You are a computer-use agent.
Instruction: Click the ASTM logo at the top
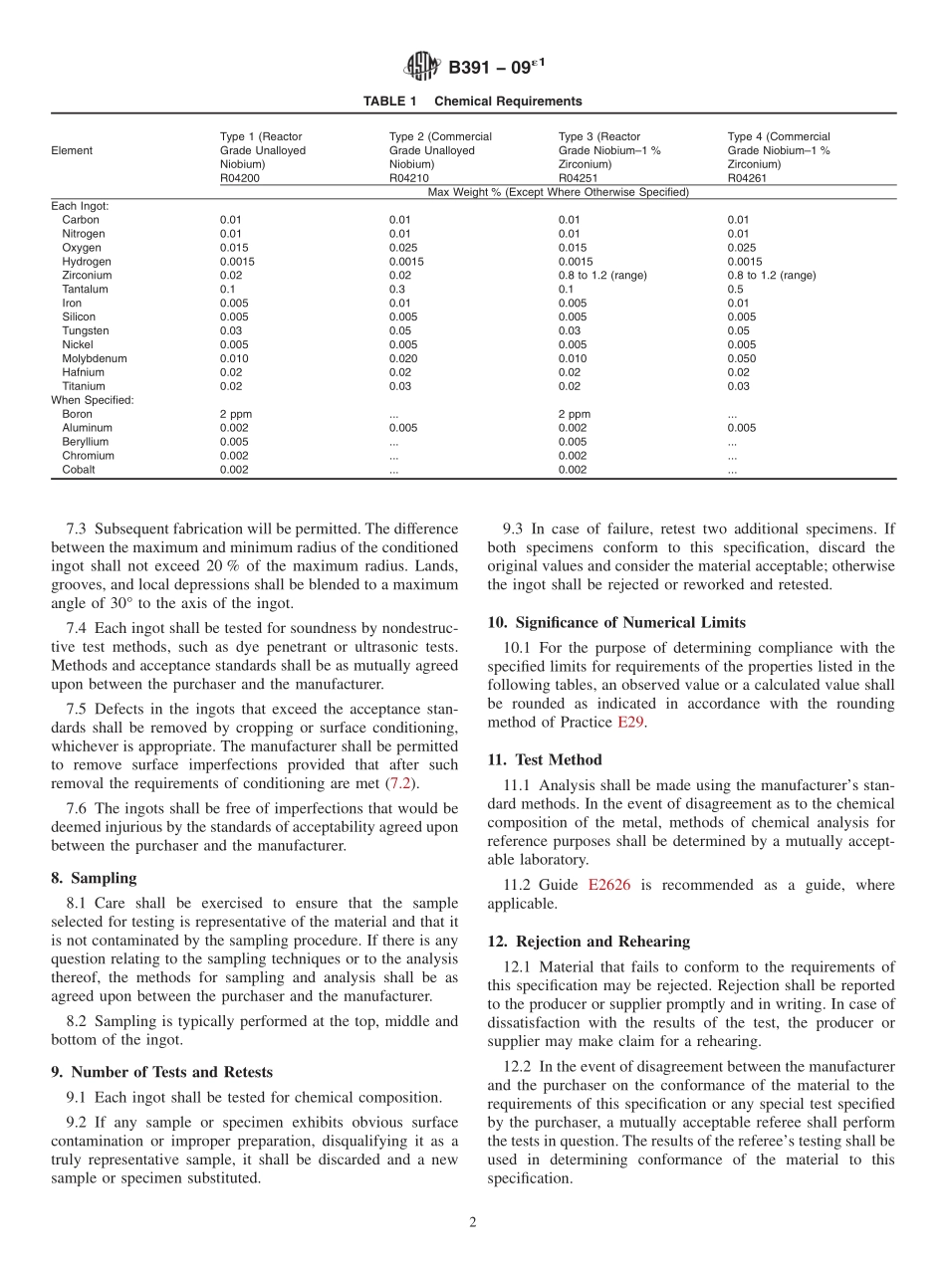[422, 68]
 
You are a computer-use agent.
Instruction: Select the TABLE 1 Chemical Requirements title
[472, 102]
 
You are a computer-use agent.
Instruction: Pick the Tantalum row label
[85, 289]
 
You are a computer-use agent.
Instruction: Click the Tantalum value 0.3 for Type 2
[396, 289]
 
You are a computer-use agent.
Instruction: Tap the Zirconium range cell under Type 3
[602, 275]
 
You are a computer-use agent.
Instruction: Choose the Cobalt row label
[79, 470]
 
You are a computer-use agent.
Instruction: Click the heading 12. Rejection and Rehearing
[588, 942]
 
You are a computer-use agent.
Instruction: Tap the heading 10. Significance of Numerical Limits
[615, 622]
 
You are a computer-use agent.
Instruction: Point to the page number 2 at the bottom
[473, 1223]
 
